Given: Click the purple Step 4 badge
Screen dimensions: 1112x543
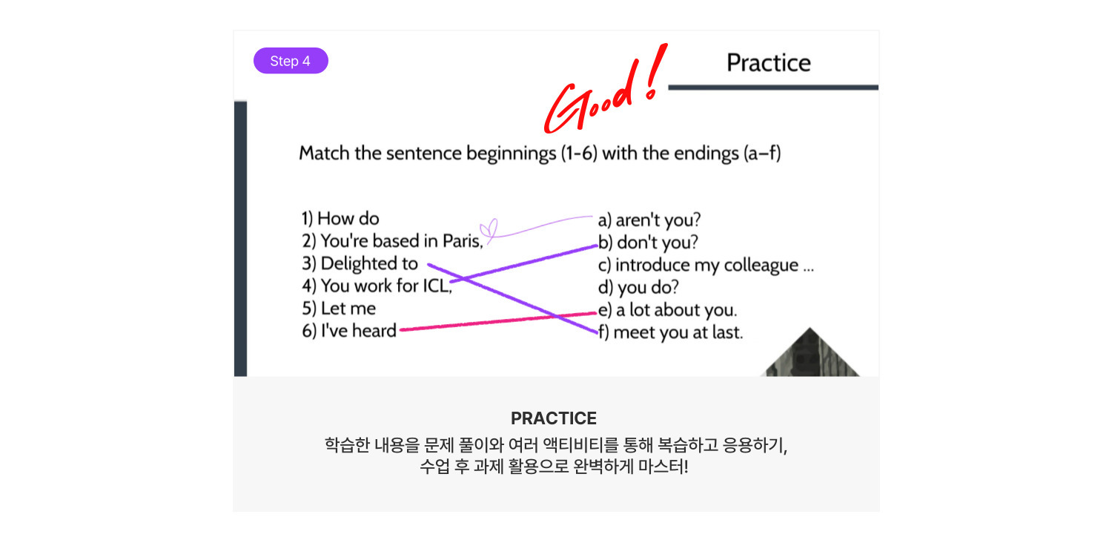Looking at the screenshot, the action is (x=291, y=61).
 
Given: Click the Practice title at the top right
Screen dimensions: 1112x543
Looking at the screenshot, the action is (x=769, y=63).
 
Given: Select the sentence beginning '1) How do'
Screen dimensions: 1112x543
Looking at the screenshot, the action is (x=340, y=219).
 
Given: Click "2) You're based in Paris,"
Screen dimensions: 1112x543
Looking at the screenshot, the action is (x=392, y=241).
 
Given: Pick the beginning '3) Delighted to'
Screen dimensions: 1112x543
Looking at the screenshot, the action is (x=360, y=263).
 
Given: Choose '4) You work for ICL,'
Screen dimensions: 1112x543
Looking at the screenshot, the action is (x=377, y=286).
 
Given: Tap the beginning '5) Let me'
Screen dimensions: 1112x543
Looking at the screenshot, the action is (x=339, y=309).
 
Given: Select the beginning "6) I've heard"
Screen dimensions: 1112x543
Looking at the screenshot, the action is (x=349, y=331).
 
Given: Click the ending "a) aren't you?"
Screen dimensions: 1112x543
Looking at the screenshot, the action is (x=649, y=220).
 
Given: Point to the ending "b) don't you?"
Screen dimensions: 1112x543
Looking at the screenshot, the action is (x=648, y=243).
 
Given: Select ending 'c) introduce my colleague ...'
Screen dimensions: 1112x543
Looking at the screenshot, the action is (x=706, y=266).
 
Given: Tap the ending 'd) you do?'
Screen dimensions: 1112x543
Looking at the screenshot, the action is (x=638, y=287).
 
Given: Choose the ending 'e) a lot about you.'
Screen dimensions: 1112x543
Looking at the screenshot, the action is (x=667, y=310).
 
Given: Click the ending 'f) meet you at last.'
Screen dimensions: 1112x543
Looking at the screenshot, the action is (x=670, y=332).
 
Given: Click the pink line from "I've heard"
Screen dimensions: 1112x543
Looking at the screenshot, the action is (x=498, y=321).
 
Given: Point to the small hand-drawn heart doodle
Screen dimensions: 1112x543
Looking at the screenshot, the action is (x=489, y=230).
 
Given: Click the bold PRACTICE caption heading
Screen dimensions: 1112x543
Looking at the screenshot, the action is (x=554, y=418).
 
